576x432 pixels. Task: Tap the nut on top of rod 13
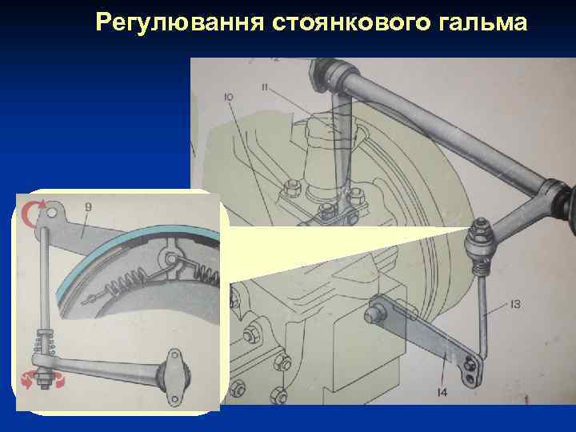point(482,232)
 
